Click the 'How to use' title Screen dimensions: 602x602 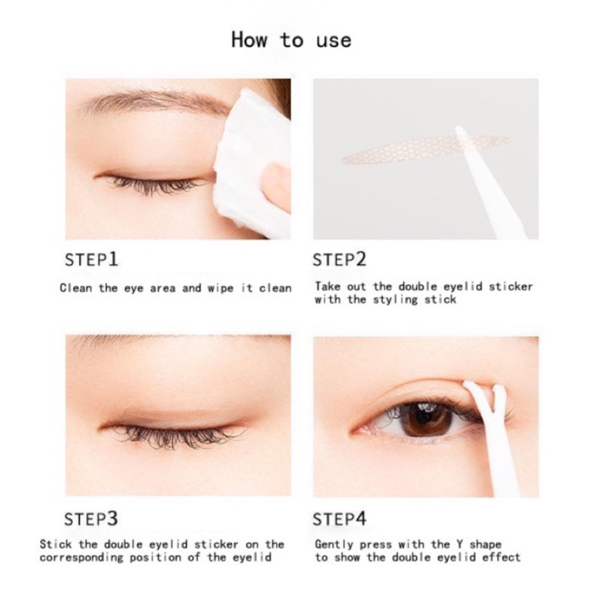point(291,40)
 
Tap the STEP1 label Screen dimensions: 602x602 point(91,260)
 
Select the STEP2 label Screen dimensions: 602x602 point(339,260)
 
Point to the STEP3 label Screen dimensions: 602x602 point(91,519)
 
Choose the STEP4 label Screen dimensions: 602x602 point(339,519)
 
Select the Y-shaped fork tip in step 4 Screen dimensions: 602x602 point(485,396)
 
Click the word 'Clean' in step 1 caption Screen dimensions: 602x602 point(76,288)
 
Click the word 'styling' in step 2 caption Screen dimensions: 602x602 point(395,299)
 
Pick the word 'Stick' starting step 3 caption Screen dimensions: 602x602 point(55,544)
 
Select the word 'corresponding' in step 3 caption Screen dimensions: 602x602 point(81,558)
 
